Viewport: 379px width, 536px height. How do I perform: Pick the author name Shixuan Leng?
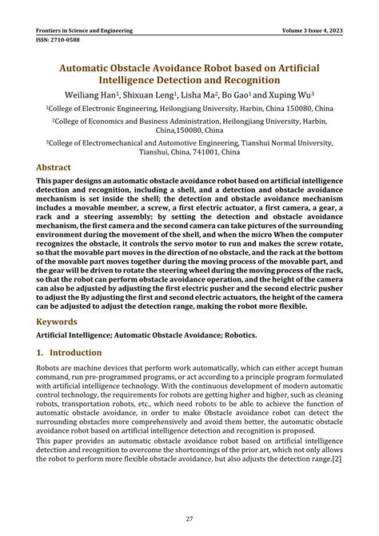tap(154, 94)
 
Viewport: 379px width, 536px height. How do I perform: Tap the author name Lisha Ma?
tap(205, 94)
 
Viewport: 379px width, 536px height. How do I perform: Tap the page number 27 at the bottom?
tap(189, 518)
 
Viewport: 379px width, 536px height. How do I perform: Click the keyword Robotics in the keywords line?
tap(239, 335)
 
